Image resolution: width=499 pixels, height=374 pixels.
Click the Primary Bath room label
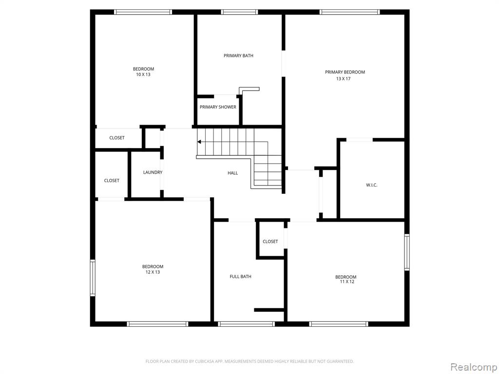pos(238,56)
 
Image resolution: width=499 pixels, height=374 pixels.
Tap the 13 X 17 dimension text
pos(343,78)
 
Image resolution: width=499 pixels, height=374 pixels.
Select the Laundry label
pos(153,172)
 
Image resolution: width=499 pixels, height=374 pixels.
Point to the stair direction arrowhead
pos(199,142)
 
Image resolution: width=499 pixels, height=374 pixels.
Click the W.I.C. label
pos(372,185)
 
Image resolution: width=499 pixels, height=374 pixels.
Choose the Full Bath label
pos(240,277)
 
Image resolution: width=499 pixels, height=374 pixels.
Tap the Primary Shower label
pos(218,107)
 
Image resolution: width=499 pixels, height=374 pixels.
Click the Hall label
pos(232,173)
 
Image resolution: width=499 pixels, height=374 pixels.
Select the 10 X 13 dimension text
pos(143,75)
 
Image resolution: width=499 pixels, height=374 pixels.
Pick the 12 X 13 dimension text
pos(153,272)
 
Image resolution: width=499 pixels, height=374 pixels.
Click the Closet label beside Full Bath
pos(270,242)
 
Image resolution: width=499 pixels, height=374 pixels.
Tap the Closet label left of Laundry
pos(112,181)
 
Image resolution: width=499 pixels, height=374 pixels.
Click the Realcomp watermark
pos(474,367)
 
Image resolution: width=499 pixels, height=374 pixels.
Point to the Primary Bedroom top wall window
pos(350,12)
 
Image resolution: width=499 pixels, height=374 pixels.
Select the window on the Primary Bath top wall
pos(239,12)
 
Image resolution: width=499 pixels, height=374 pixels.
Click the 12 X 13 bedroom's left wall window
pos(93,278)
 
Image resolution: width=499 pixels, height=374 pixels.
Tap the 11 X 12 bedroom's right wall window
pos(407,252)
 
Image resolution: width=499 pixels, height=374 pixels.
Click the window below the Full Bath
pos(246,324)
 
